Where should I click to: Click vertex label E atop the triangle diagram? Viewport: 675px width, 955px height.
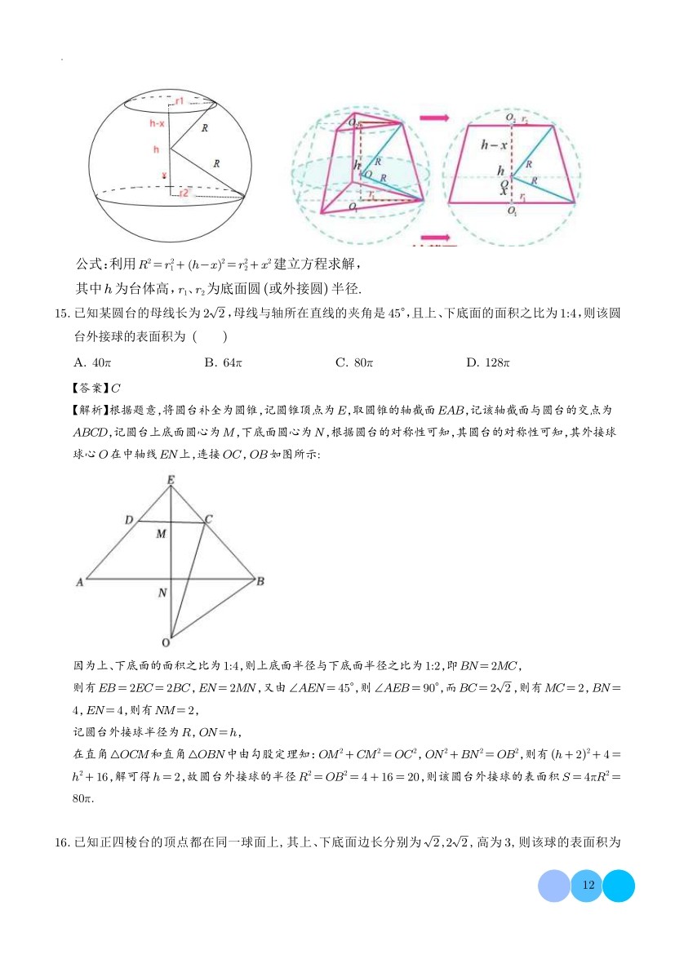(171, 480)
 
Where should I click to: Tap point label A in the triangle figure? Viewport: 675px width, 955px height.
(80, 581)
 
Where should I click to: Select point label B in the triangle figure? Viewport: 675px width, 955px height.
(260, 581)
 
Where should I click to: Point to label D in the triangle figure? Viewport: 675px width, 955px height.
(129, 519)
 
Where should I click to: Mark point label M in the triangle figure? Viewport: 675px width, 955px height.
(162, 534)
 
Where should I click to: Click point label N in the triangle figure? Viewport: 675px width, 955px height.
(162, 593)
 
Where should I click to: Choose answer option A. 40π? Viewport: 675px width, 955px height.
(91, 362)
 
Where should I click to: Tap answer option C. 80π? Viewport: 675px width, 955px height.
(353, 362)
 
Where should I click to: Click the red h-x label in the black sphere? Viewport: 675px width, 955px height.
(158, 124)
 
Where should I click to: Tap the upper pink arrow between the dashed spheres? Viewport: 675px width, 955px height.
(433, 118)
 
